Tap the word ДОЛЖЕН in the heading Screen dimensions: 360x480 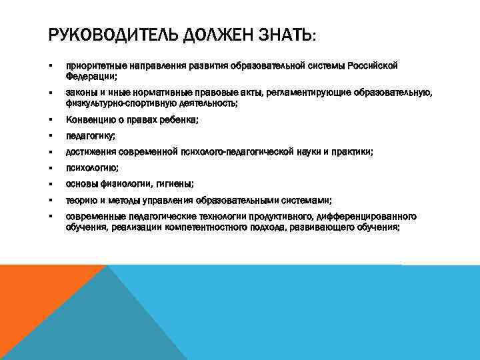click(x=207, y=33)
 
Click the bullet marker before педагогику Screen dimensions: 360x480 click(x=50, y=136)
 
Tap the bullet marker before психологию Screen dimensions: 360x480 click(x=50, y=168)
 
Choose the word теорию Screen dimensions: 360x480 click(x=79, y=200)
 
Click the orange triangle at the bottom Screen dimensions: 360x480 click(x=33, y=300)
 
